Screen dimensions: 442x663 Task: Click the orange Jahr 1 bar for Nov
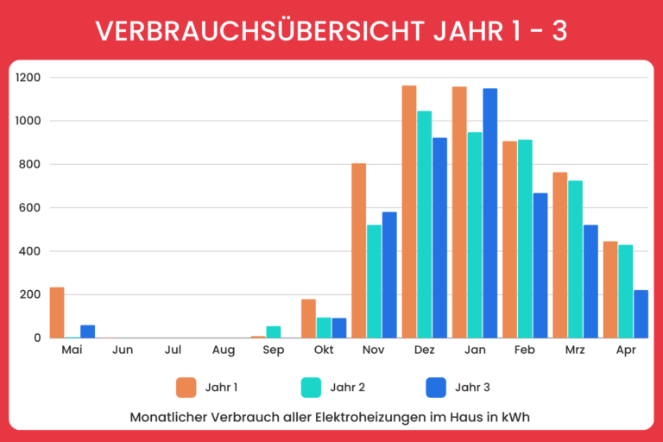click(x=358, y=250)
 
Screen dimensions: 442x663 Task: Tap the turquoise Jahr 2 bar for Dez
click(x=424, y=224)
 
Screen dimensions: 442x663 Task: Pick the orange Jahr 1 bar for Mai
click(x=57, y=313)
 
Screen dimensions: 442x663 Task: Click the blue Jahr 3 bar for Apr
click(x=641, y=314)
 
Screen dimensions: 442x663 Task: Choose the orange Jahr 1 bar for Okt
click(x=308, y=319)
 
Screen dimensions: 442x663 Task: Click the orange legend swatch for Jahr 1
click(x=186, y=388)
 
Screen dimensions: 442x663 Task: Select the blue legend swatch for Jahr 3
click(x=437, y=388)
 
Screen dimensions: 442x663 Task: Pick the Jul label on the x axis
click(x=173, y=351)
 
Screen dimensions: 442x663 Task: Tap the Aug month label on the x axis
click(x=223, y=351)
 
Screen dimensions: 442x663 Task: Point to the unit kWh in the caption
click(x=514, y=417)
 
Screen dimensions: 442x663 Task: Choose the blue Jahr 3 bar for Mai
click(x=87, y=331)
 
